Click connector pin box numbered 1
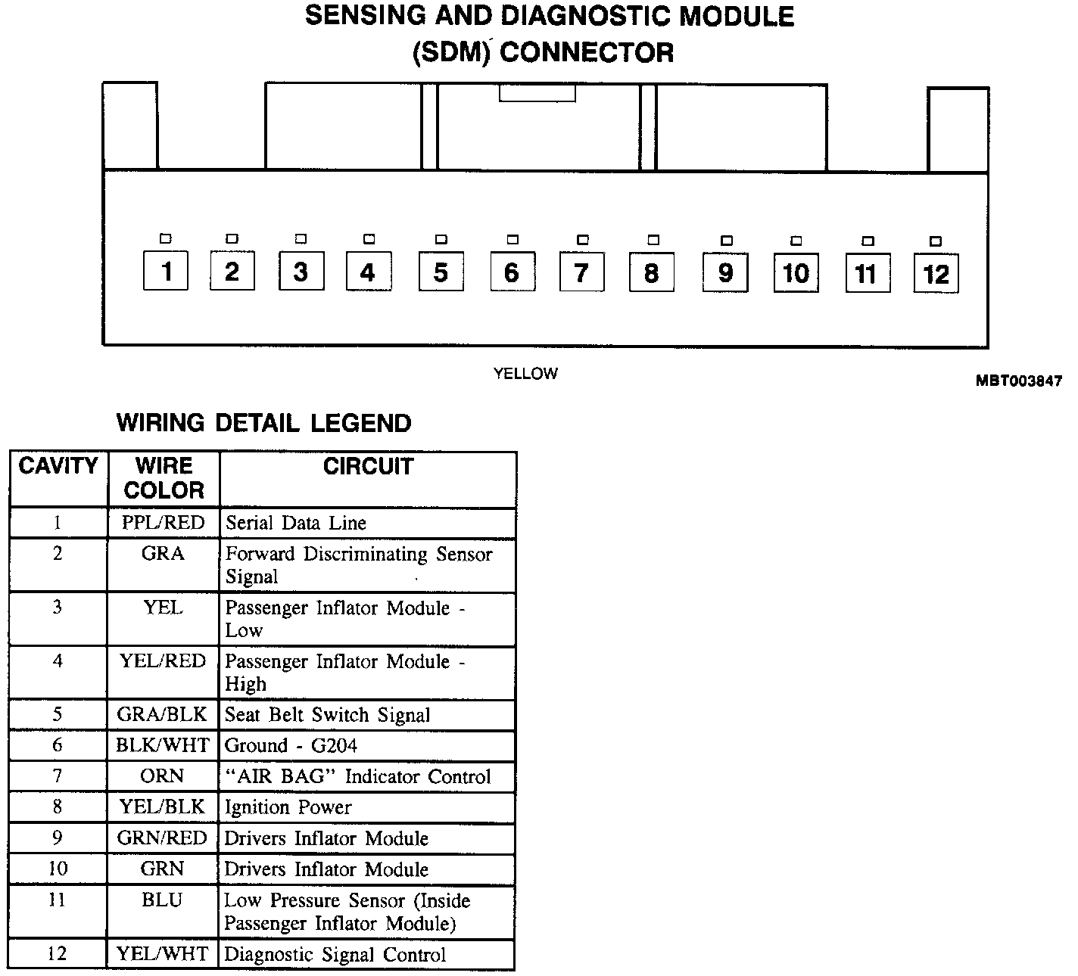click(166, 271)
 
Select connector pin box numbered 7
click(581, 272)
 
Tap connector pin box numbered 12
click(936, 274)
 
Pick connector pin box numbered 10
click(796, 273)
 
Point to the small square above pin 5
click(441, 240)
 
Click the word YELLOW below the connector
click(525, 373)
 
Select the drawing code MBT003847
click(1018, 381)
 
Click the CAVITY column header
click(58, 466)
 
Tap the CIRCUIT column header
click(368, 466)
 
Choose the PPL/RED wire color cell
click(164, 523)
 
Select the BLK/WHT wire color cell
click(163, 746)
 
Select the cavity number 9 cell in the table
click(58, 838)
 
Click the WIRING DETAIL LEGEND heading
click(263, 423)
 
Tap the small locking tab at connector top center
click(537, 92)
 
